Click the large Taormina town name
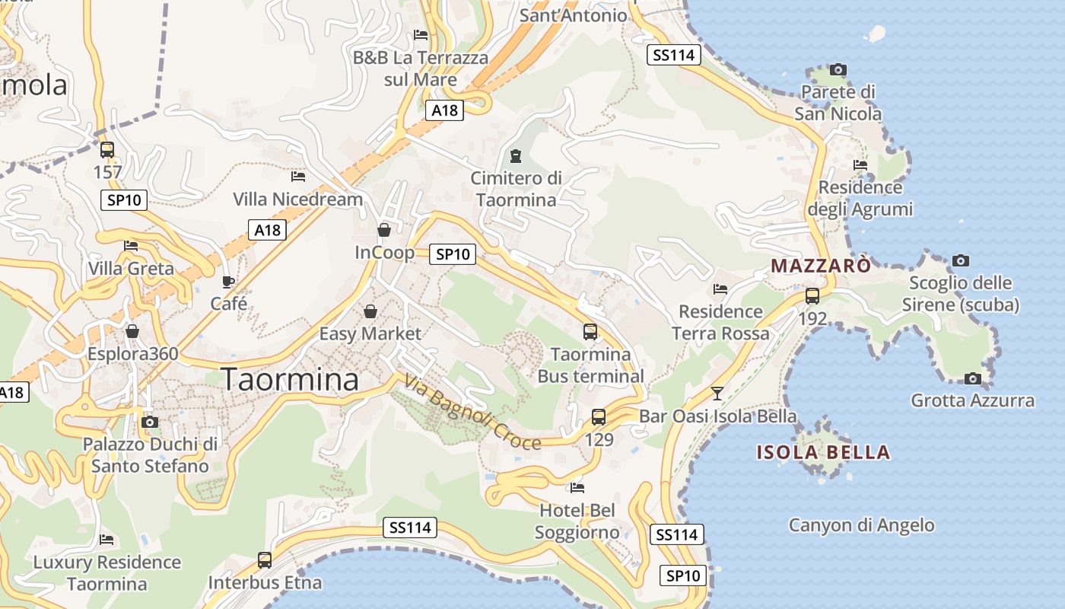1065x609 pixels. [289, 379]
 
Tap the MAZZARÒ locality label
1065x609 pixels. [821, 266]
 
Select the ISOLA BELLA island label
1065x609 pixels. [823, 452]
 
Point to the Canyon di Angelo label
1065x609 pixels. [861, 525]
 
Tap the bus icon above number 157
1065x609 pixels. [107, 150]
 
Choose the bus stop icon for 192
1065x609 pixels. [812, 296]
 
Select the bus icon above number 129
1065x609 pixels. [599, 417]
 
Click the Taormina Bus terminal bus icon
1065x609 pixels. [590, 332]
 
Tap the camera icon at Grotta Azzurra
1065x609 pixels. [972, 378]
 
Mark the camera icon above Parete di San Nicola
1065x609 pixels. [838, 70]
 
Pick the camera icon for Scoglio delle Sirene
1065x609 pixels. [961, 261]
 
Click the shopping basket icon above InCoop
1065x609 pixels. [384, 230]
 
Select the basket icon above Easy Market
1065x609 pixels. [370, 311]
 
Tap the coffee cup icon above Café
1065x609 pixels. [228, 282]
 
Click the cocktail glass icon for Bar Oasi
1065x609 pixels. [717, 394]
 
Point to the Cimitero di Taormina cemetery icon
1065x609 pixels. [516, 157]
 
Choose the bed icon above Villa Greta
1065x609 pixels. [131, 246]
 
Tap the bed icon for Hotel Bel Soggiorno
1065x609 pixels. [577, 487]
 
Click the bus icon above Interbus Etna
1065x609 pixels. [265, 560]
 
